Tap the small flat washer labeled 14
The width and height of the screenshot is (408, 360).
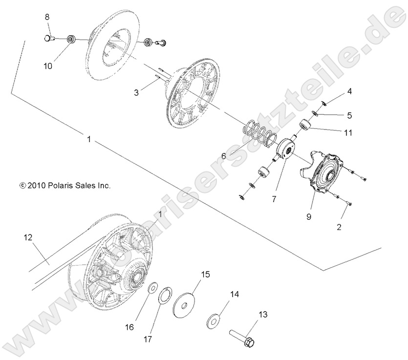coord(214,320)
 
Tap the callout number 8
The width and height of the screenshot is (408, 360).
coord(47,17)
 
